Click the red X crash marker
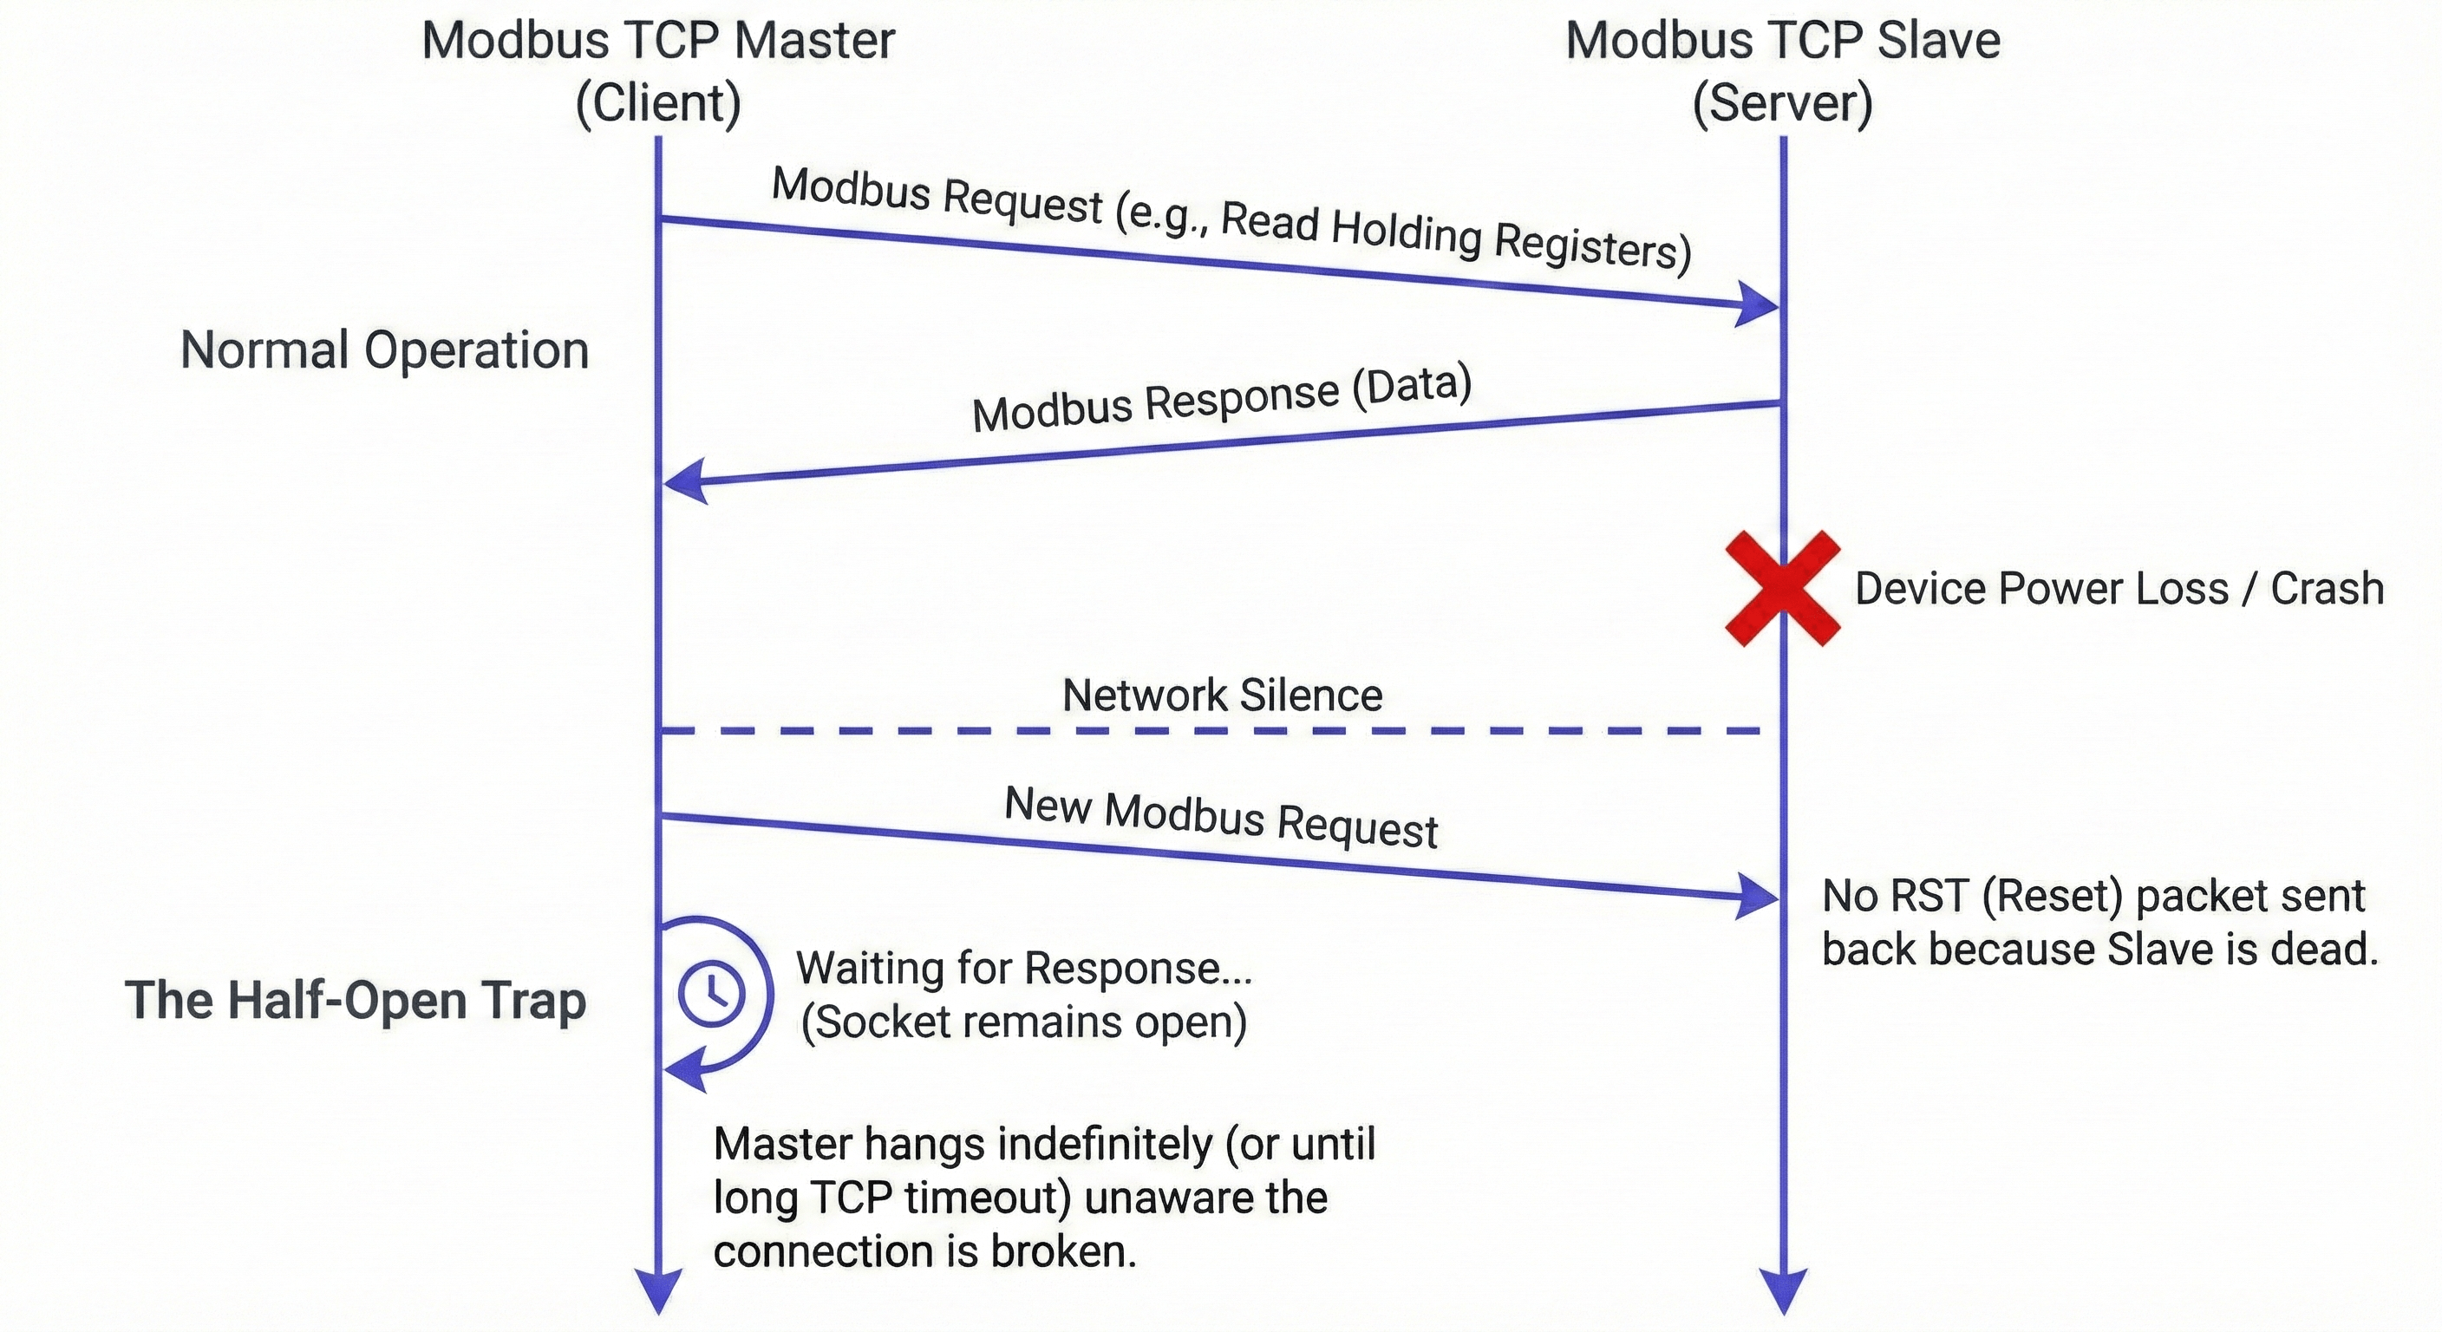[1782, 589]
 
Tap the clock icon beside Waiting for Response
[712, 993]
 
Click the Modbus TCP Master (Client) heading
[658, 71]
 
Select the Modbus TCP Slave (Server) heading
[1782, 71]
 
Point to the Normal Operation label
[384, 349]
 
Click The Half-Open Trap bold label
[356, 1000]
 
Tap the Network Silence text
[1222, 695]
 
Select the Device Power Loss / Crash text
[2119, 589]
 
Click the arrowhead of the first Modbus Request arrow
[1760, 304]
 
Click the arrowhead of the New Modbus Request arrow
[1760, 895]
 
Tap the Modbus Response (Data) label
[1222, 398]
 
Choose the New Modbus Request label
[1221, 817]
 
